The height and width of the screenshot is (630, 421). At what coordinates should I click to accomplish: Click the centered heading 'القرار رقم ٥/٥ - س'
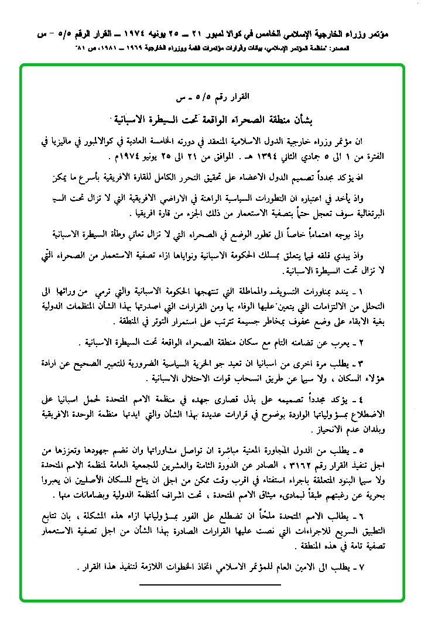pos(210,95)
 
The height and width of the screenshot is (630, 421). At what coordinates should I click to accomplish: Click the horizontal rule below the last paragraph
pos(210,584)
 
